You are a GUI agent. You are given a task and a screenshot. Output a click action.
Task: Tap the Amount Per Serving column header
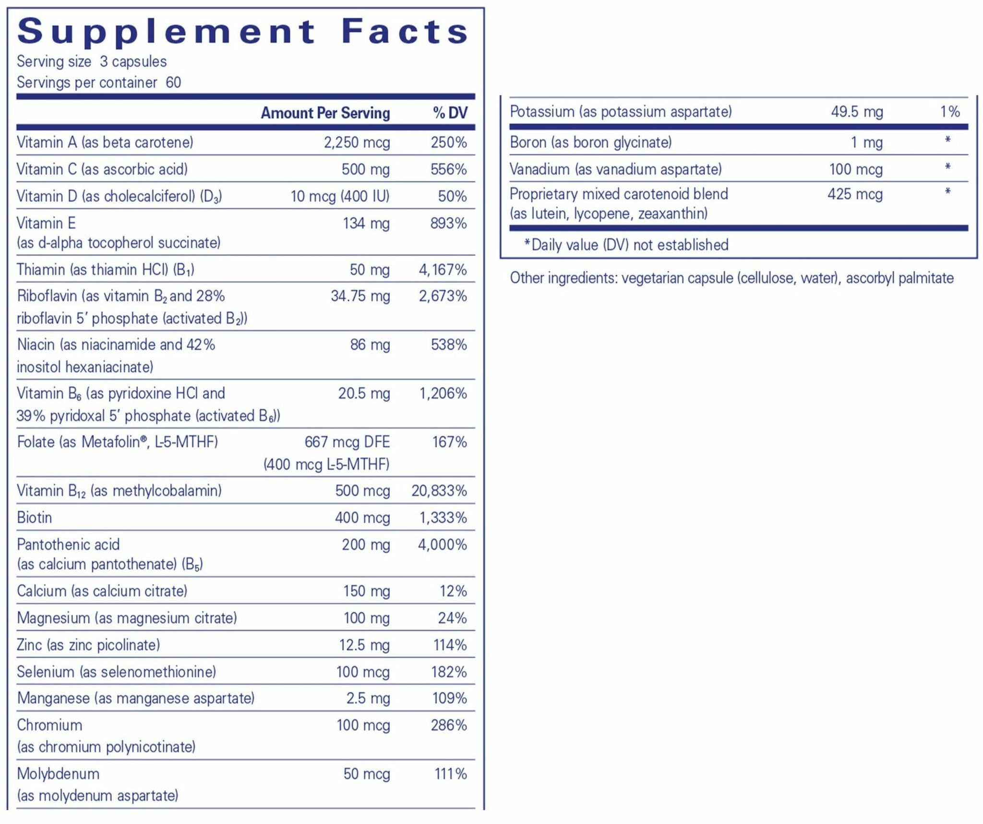click(x=325, y=113)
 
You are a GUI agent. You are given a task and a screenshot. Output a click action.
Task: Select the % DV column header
click(x=450, y=113)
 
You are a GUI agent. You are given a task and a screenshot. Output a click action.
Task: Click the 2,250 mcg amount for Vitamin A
click(x=357, y=143)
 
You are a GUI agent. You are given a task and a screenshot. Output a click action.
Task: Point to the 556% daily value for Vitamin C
click(x=448, y=170)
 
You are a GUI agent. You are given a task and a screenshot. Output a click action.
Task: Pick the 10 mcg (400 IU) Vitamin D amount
click(x=340, y=196)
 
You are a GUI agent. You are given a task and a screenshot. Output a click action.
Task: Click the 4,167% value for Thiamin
click(x=443, y=270)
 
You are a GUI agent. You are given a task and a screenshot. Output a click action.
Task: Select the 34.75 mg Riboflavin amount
click(x=360, y=296)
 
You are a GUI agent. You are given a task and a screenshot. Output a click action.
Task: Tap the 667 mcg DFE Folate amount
click(x=347, y=442)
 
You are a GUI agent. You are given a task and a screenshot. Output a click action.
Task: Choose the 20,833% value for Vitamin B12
click(x=439, y=491)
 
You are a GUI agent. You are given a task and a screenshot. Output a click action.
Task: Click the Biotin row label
click(x=35, y=518)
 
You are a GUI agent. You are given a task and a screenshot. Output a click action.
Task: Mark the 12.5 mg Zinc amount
click(x=364, y=645)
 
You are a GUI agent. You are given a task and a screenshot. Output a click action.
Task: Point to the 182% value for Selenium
click(x=448, y=672)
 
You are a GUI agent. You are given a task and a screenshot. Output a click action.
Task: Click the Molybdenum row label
click(x=58, y=774)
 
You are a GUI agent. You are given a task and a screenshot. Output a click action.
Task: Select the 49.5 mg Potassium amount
click(x=857, y=112)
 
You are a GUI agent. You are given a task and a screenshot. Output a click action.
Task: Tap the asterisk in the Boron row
click(x=947, y=141)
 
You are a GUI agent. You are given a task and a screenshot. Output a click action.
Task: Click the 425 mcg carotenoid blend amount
click(x=855, y=194)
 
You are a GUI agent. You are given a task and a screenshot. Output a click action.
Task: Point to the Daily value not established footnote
click(x=626, y=245)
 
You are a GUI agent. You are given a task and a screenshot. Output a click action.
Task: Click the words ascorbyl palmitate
click(x=899, y=278)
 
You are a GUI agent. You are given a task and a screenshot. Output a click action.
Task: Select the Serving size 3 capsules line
click(x=92, y=62)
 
